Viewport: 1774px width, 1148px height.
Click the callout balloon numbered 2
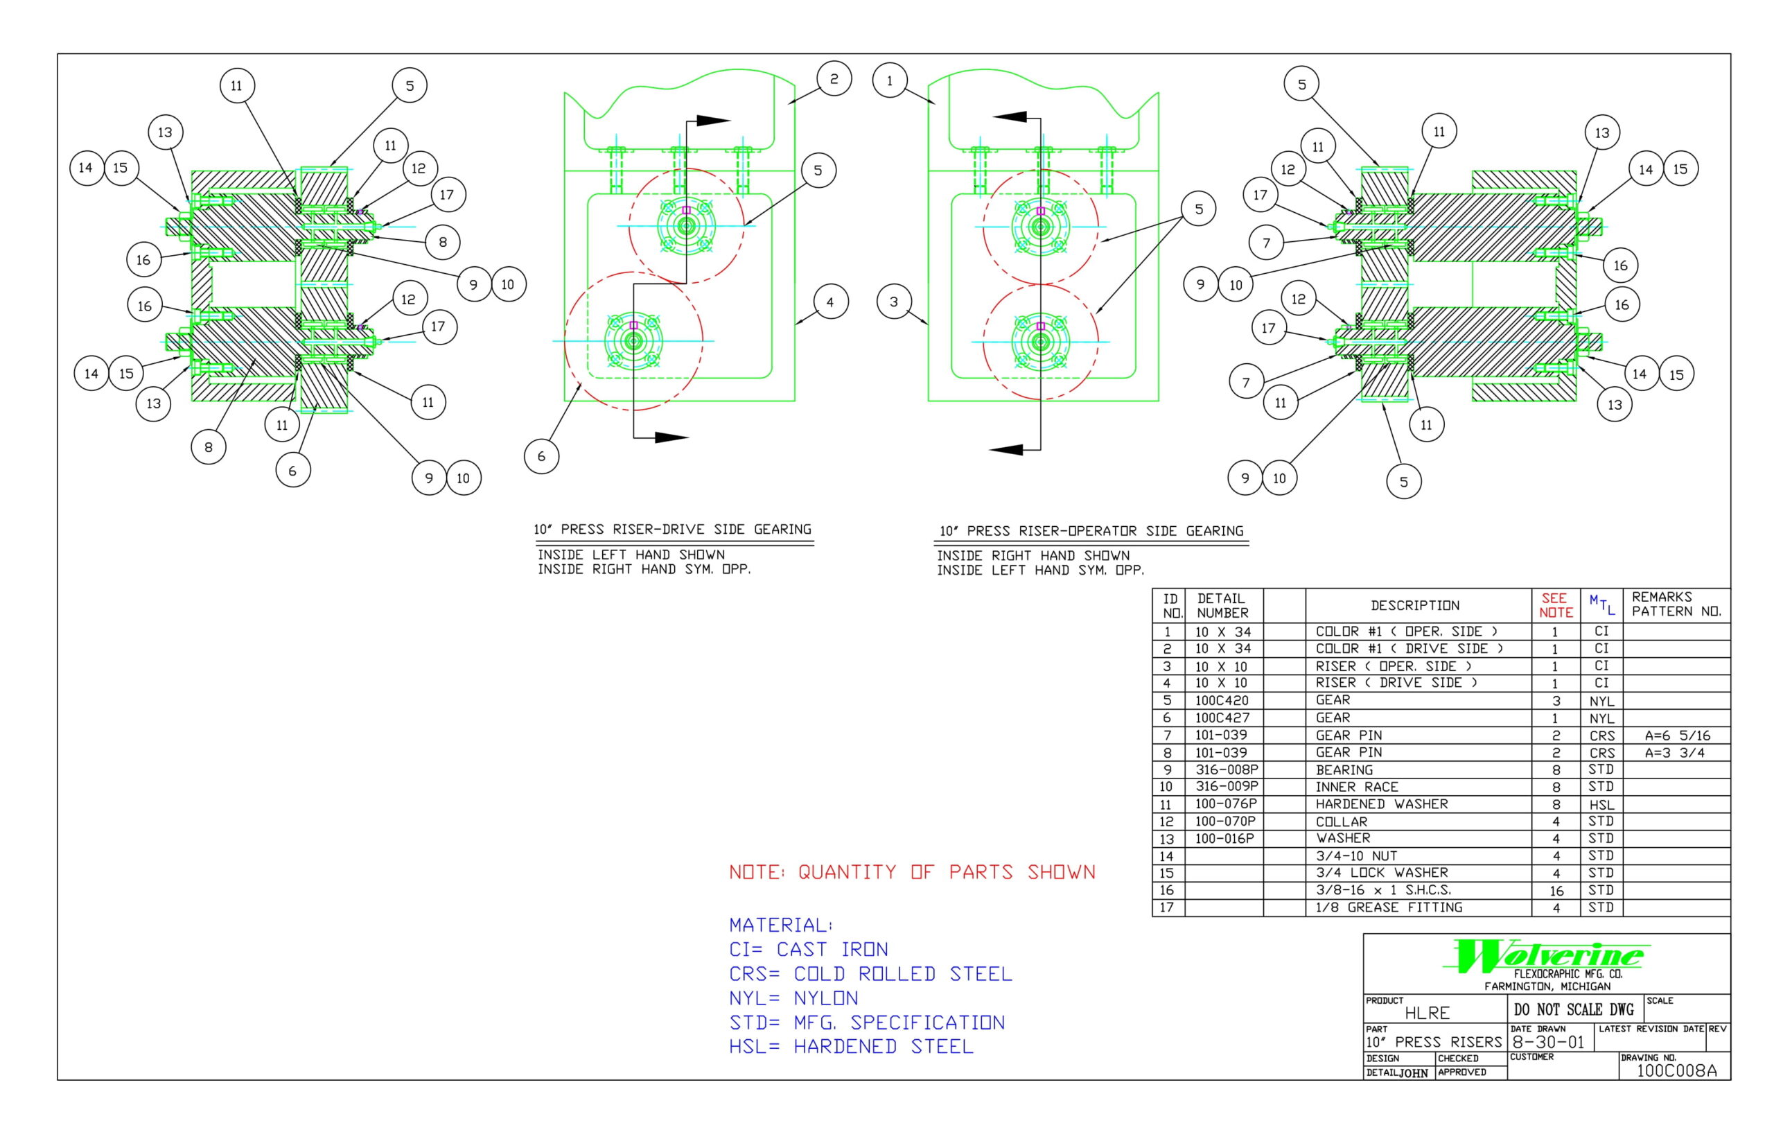pyautogui.click(x=833, y=79)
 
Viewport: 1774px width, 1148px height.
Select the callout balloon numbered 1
pyautogui.click(x=889, y=80)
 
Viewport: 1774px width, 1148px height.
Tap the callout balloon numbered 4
pyautogui.click(x=829, y=302)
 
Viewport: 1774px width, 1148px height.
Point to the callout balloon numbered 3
pyautogui.click(x=893, y=302)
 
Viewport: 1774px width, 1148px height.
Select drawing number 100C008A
pyautogui.click(x=1676, y=1070)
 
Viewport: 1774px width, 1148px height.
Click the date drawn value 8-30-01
pyautogui.click(x=1547, y=1041)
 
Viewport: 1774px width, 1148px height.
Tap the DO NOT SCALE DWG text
pyautogui.click(x=1573, y=1009)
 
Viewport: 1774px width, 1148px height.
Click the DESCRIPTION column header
pyautogui.click(x=1414, y=605)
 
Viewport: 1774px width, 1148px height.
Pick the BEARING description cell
pyautogui.click(x=1344, y=770)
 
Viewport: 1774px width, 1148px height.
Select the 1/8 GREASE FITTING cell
pyautogui.click(x=1388, y=907)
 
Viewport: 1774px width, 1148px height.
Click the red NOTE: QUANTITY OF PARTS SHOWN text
pyautogui.click(x=912, y=872)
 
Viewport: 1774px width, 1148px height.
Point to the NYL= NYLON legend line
pyautogui.click(x=793, y=998)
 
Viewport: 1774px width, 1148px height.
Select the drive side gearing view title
pyautogui.click(x=672, y=529)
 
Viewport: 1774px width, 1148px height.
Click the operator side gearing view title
pyautogui.click(x=1091, y=531)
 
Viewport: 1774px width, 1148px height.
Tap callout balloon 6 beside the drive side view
pyautogui.click(x=541, y=456)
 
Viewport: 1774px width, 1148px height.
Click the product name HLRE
pyautogui.click(x=1427, y=1013)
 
